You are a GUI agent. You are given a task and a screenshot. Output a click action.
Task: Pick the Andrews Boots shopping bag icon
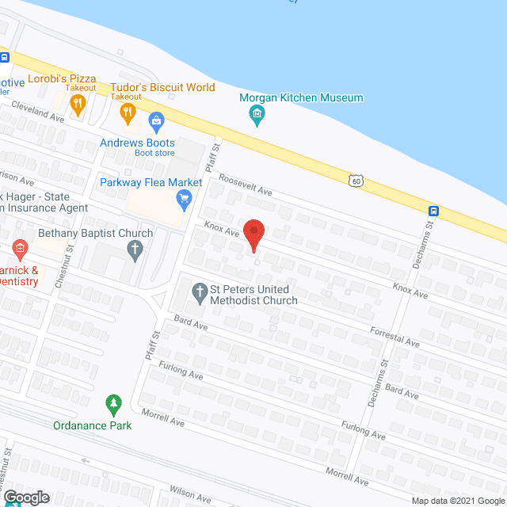[156, 123]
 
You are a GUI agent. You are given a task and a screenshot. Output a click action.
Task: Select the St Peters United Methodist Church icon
[200, 294]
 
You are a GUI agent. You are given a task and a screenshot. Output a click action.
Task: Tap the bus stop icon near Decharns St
[434, 211]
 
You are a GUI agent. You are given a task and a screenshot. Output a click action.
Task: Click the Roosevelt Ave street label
[246, 186]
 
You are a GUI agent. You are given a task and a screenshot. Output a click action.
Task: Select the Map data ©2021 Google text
[456, 500]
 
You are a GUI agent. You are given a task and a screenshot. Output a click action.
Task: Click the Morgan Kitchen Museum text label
[303, 98]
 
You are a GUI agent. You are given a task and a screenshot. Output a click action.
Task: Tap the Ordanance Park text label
[93, 425]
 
